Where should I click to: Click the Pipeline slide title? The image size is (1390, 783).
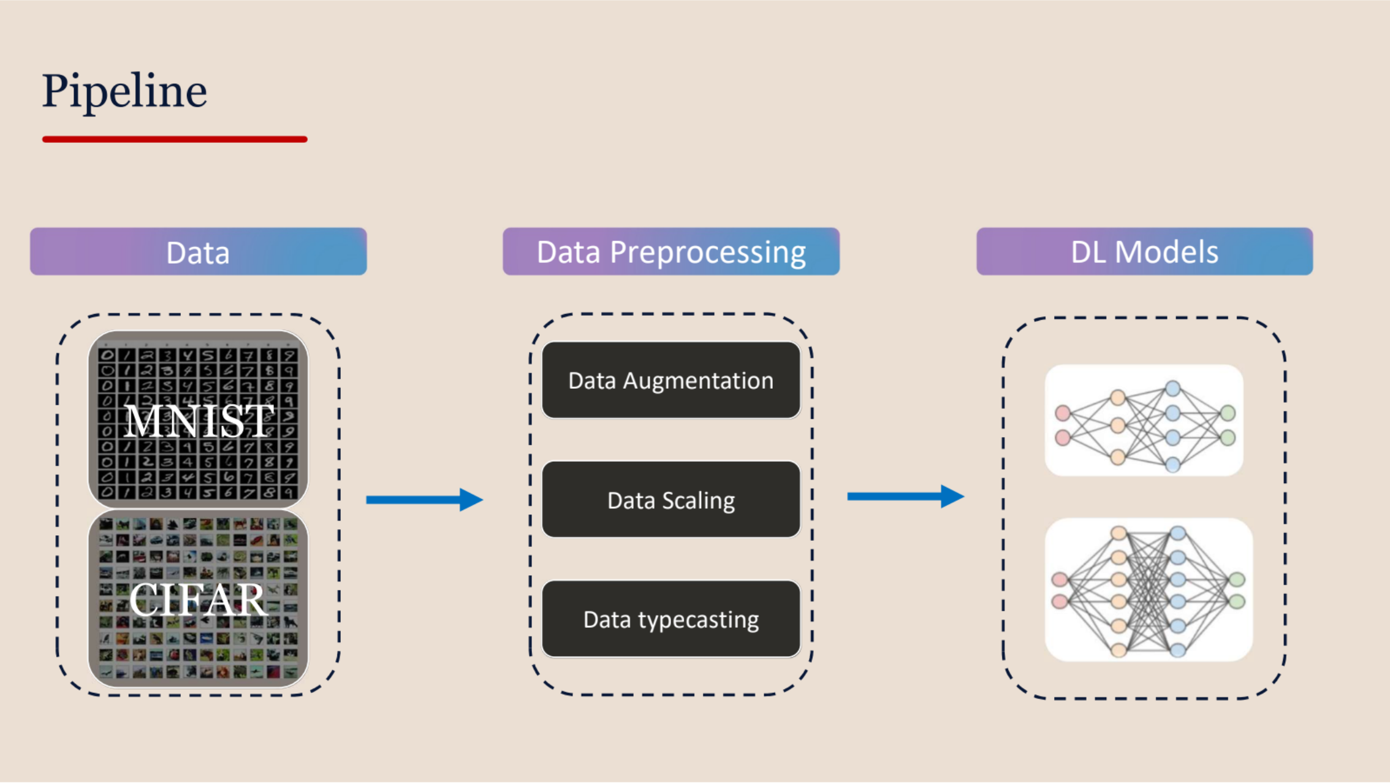[124, 91]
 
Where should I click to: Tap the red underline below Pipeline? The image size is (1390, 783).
[175, 139]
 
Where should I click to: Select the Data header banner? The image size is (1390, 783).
[198, 252]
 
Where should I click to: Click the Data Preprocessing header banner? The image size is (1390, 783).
[671, 252]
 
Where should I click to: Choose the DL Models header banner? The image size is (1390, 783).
[1144, 252]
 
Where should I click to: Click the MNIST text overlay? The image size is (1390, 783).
[198, 421]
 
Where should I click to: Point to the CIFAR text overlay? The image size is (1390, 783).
[198, 600]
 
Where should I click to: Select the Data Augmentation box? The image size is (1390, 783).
[671, 381]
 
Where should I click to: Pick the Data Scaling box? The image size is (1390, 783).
[671, 500]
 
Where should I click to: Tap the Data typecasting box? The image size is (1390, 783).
[671, 619]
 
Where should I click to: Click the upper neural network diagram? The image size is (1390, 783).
[1144, 421]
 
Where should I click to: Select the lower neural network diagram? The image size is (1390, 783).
[1148, 590]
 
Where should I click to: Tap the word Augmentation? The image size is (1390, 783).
[698, 381]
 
